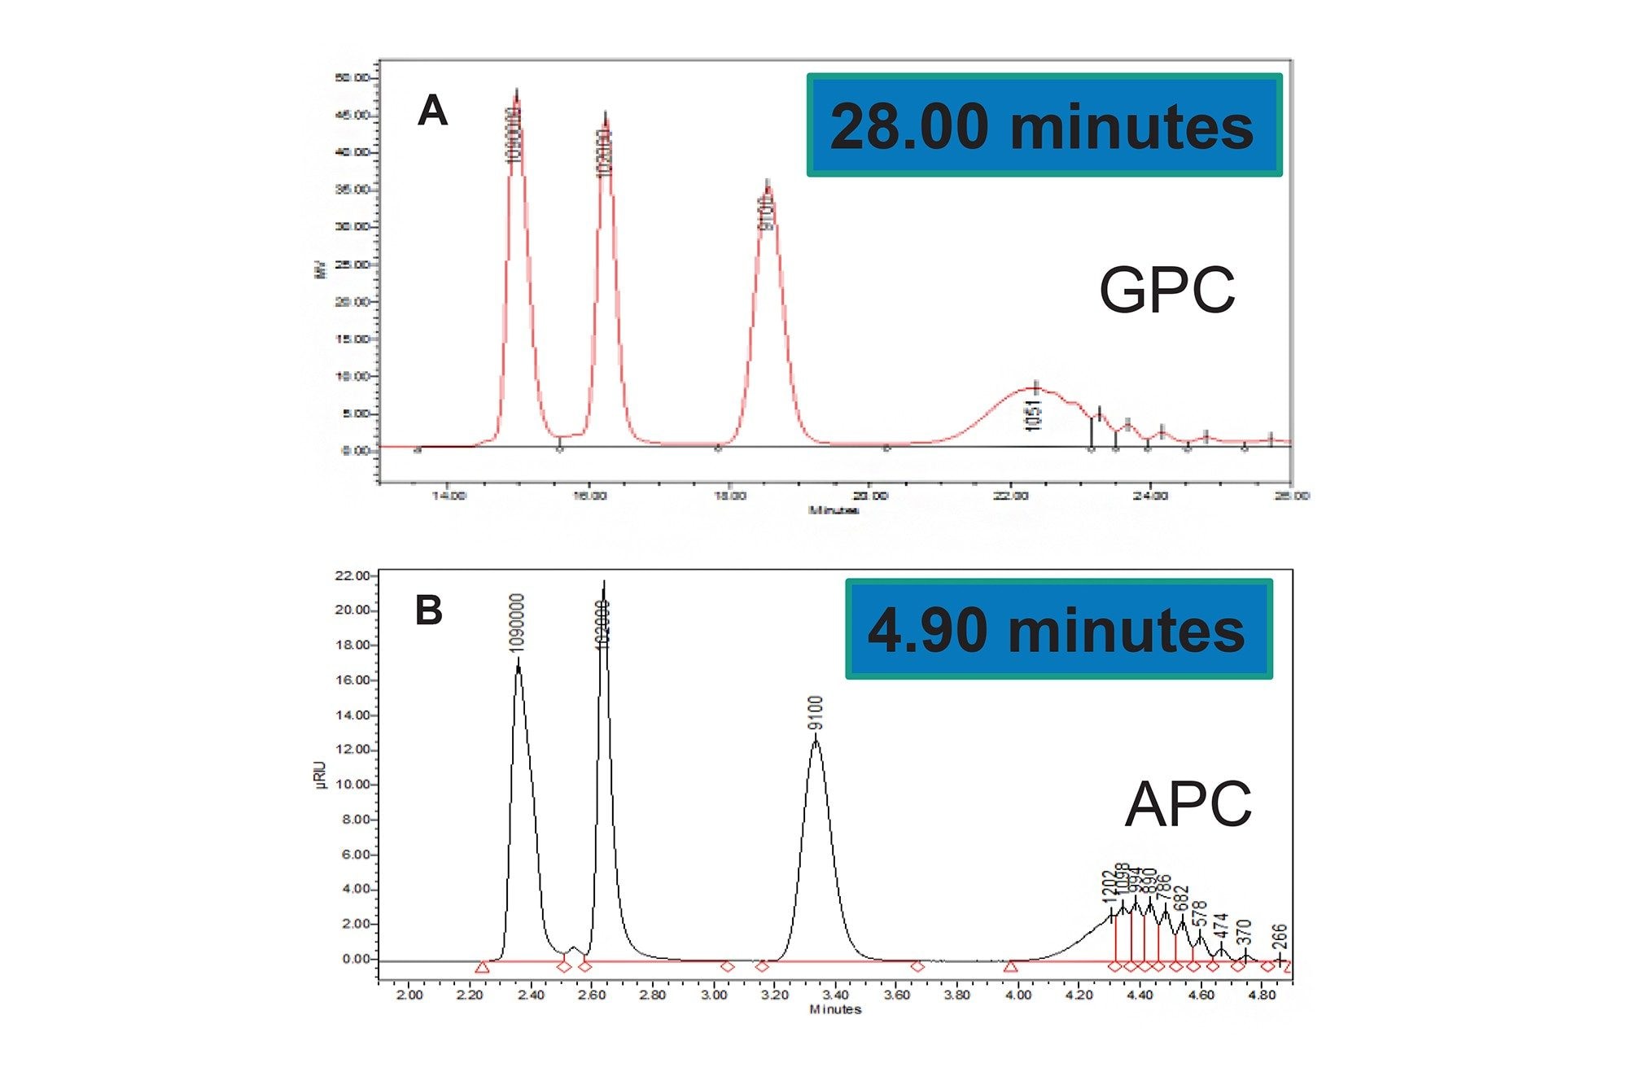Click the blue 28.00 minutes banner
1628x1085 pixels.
pos(1044,125)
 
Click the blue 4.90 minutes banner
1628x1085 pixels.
pos(1058,629)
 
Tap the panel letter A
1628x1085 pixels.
pos(432,111)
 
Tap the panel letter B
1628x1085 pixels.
pos(429,610)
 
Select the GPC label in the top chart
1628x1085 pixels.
pos(1166,290)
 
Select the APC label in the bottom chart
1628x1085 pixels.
pos(1188,804)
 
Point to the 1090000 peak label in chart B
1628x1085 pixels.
pos(516,623)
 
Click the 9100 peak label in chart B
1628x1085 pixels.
pos(816,713)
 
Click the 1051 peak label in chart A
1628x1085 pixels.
pos(1033,415)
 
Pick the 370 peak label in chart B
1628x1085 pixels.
pos(1244,933)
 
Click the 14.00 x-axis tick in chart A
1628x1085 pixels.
pos(449,495)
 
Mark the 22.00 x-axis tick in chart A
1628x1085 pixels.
pos(1010,495)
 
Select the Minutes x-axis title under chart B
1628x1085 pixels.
pos(835,1009)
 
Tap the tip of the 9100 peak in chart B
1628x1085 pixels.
pos(816,737)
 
